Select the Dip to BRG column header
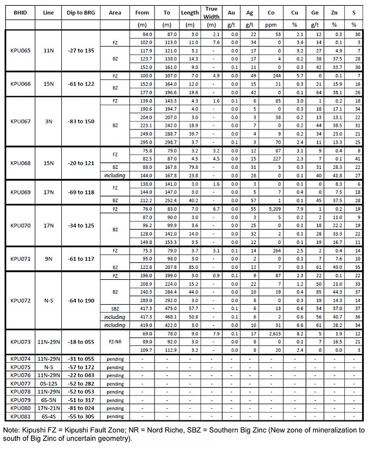tap(78, 12)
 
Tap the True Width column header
tap(211, 13)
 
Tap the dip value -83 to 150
tap(78, 121)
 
